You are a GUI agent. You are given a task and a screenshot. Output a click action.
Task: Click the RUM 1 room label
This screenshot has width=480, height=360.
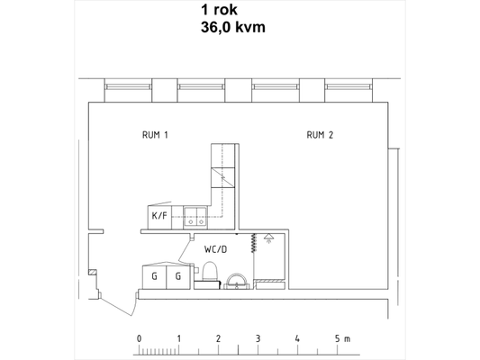[155, 135]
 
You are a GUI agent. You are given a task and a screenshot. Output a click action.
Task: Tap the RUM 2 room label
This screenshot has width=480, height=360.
[320, 135]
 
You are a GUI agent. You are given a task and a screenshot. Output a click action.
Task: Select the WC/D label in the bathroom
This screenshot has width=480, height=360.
[216, 249]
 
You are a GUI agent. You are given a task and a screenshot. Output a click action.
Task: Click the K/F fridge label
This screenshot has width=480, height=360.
[159, 216]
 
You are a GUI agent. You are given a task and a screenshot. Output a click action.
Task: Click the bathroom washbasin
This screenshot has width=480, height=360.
[237, 282]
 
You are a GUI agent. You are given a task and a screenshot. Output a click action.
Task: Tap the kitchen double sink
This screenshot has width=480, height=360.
[195, 217]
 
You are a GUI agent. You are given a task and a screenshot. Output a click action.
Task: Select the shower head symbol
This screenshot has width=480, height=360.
[268, 238]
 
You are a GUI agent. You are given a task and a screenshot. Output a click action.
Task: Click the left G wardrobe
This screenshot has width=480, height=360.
[154, 277]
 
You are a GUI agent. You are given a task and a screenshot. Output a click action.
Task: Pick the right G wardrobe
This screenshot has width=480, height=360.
[178, 277]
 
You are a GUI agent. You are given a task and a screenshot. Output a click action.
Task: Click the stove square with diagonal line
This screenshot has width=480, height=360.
[222, 177]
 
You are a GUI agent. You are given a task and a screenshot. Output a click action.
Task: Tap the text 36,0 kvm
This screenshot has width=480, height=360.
[233, 27]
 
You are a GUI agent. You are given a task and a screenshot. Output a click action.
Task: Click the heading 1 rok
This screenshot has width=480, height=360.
[219, 10]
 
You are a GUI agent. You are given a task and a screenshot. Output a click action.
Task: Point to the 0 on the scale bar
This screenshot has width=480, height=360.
[140, 338]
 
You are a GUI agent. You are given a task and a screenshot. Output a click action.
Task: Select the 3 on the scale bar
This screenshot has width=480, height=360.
[258, 338]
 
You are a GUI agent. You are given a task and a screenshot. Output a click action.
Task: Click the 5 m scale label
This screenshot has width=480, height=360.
[342, 338]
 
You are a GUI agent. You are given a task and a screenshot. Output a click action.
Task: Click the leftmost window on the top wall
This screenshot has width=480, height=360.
[128, 87]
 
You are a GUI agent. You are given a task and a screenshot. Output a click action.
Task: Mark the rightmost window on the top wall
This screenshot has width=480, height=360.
[349, 87]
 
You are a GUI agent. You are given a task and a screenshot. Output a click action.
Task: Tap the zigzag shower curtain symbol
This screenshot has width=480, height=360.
[253, 243]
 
